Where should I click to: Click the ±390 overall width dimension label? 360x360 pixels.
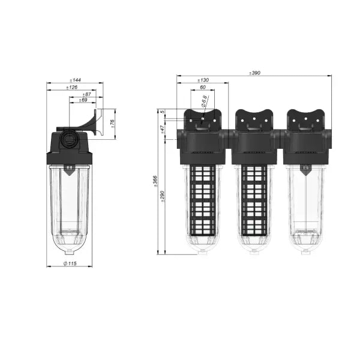tap(254, 73)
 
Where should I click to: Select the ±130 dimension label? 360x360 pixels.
tap(203, 80)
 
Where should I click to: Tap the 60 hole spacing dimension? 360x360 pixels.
tap(203, 87)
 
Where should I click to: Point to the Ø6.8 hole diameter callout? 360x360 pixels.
tap(204, 101)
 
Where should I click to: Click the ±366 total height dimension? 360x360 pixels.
tap(155, 181)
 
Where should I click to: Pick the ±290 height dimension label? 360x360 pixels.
tap(163, 196)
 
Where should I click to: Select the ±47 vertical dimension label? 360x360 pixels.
tap(163, 130)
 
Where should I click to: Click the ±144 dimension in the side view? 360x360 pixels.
tap(75, 80)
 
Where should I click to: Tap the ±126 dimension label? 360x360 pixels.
tap(71, 87)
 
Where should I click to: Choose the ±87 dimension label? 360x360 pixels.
tap(87, 94)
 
